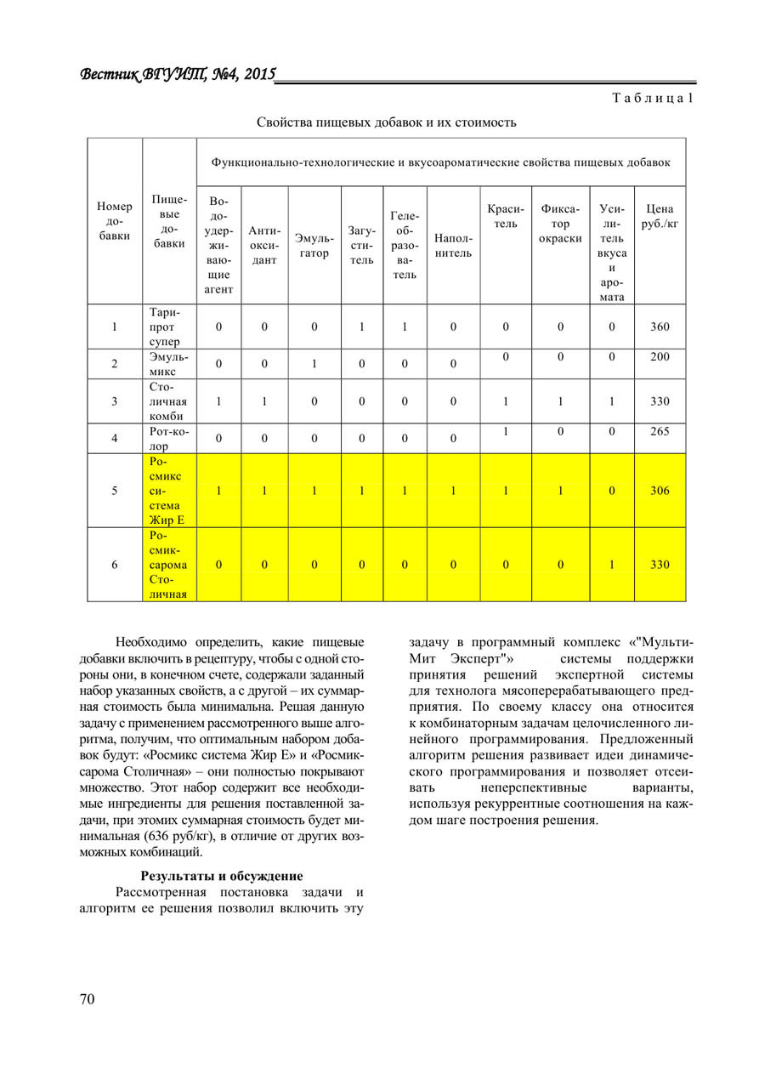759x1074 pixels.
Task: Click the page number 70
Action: pyautogui.click(x=88, y=999)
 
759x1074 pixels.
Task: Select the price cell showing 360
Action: pyautogui.click(x=660, y=326)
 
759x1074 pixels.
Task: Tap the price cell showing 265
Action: pyautogui.click(x=660, y=431)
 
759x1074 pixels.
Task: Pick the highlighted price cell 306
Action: pyautogui.click(x=660, y=491)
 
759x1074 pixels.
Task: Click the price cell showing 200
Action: pyautogui.click(x=660, y=356)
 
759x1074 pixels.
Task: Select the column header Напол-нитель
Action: pyautogui.click(x=453, y=246)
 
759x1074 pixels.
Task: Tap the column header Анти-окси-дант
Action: pyautogui.click(x=264, y=246)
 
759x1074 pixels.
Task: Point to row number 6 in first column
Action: pyautogui.click(x=115, y=564)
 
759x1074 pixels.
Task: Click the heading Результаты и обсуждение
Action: pyautogui.click(x=222, y=875)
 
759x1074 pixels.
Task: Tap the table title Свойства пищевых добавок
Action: pyautogui.click(x=387, y=122)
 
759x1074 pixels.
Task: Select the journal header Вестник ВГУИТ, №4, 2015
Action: pyautogui.click(x=178, y=75)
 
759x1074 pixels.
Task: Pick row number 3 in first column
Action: pyautogui.click(x=115, y=401)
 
